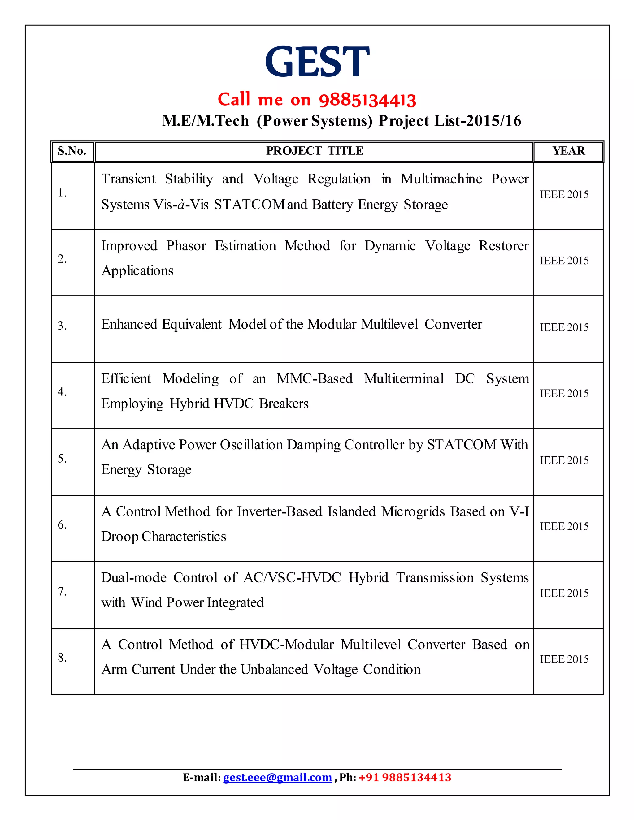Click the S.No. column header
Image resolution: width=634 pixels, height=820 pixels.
click(x=72, y=151)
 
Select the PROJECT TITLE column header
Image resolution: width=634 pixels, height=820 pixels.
click(x=315, y=151)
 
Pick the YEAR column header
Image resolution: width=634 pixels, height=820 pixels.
click(x=568, y=151)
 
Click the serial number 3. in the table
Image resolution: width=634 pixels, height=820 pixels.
click(x=62, y=326)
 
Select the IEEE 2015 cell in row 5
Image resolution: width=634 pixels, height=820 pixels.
click(x=564, y=460)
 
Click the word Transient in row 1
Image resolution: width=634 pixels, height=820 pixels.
click(x=128, y=179)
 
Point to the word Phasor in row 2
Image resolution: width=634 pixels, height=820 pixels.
click(x=186, y=246)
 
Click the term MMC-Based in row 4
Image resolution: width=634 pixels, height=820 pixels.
click(x=315, y=379)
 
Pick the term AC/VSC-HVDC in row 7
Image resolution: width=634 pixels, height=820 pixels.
click(x=292, y=578)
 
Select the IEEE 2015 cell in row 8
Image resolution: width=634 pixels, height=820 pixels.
click(x=564, y=659)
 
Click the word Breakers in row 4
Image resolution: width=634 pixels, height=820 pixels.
click(x=284, y=404)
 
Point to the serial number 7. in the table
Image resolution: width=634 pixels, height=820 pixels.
click(x=62, y=592)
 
